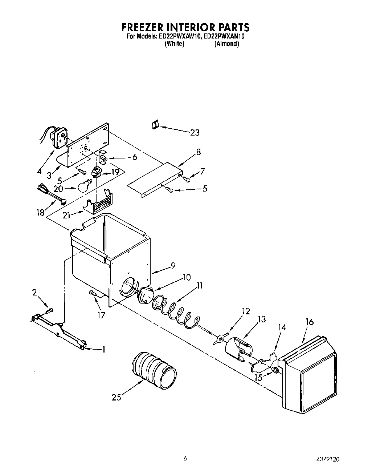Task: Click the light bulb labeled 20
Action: (84, 186)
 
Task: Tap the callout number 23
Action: (195, 133)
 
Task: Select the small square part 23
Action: (155, 125)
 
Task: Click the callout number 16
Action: (309, 322)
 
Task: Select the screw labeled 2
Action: (50, 310)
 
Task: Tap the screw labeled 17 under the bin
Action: (93, 293)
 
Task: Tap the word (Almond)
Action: (226, 44)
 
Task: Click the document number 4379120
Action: (327, 460)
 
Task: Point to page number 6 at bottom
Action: (185, 459)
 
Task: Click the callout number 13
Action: (261, 319)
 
